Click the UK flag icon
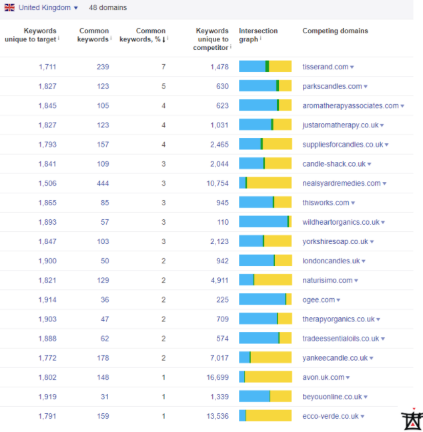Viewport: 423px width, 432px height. (10, 8)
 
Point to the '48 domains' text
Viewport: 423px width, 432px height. (107, 8)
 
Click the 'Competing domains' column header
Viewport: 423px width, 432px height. (335, 31)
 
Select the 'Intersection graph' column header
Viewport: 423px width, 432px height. (258, 35)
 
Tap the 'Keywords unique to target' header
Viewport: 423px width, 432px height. (40, 35)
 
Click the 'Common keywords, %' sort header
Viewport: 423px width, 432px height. (143, 35)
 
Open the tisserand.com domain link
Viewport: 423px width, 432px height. (325, 67)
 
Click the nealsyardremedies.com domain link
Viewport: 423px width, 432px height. (341, 183)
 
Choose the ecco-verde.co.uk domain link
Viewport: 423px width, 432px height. (330, 416)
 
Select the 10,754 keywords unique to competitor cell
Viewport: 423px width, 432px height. (218, 183)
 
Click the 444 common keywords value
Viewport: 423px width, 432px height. (102, 183)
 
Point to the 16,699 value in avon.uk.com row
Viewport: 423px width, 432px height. (218, 377)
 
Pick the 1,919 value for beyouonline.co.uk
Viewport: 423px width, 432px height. (47, 397)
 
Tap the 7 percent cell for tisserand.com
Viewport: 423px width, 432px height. (163, 67)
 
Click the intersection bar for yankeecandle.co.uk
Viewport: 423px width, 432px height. (265, 358)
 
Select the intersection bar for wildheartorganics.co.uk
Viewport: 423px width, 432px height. (265, 222)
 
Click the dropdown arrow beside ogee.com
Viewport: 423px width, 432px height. (339, 301)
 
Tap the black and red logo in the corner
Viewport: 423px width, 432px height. (412, 418)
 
